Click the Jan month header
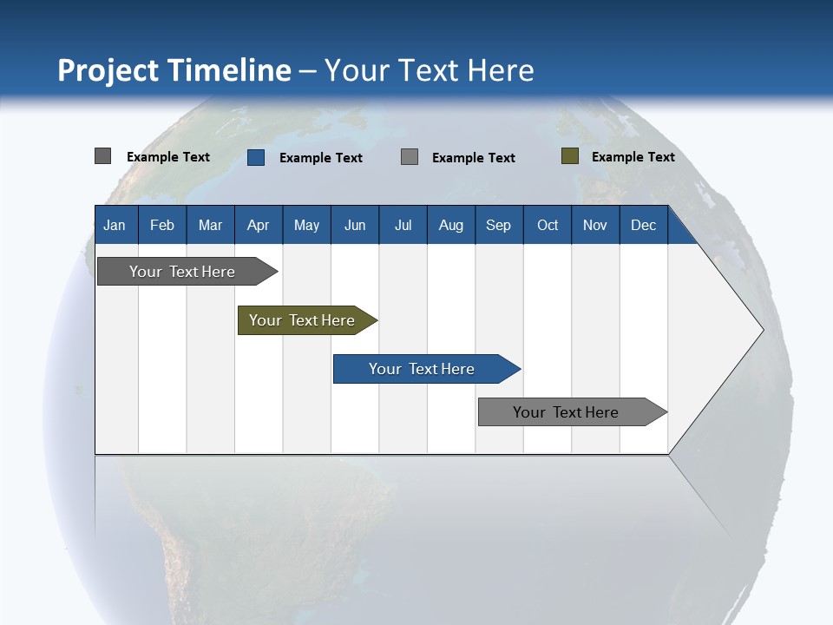(115, 225)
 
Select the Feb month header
(162, 225)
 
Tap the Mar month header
(210, 225)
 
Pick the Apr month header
(259, 225)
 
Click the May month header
(306, 225)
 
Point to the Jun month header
(355, 225)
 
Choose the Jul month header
(403, 225)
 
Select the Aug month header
(451, 225)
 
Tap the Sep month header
(499, 225)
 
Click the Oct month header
(548, 225)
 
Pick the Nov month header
(595, 225)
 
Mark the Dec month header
(644, 225)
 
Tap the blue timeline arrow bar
(423, 369)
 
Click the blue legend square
(256, 157)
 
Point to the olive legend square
(570, 156)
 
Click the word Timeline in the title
(230, 70)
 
